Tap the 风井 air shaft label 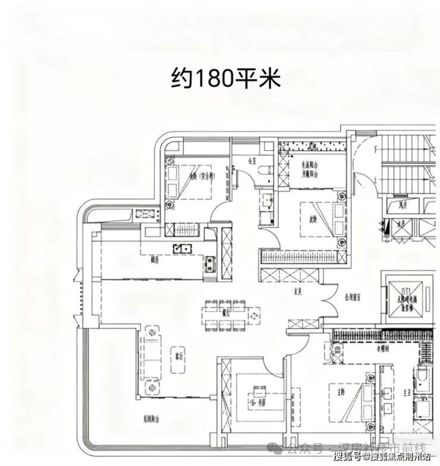pos(401,205)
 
